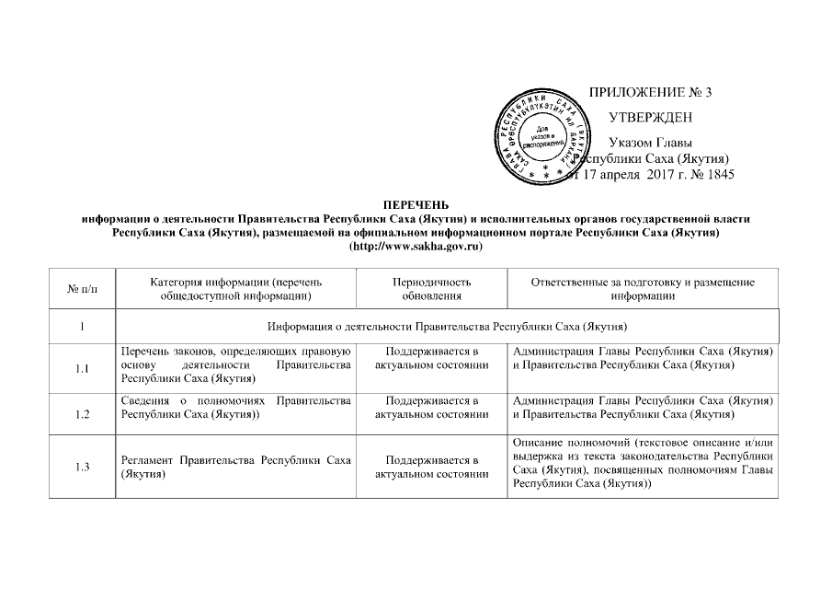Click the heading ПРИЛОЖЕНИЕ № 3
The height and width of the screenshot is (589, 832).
[x=650, y=92]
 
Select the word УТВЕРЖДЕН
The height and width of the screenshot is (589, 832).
[x=651, y=118]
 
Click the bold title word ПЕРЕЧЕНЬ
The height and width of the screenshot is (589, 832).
[x=416, y=203]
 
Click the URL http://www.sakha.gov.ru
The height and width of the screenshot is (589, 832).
[x=416, y=247]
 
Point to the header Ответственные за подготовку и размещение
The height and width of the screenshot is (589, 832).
[x=643, y=283]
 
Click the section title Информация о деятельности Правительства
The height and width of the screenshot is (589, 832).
[x=446, y=327]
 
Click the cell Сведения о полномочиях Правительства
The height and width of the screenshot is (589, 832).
[x=236, y=408]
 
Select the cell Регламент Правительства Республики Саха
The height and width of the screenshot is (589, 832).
[x=236, y=467]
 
